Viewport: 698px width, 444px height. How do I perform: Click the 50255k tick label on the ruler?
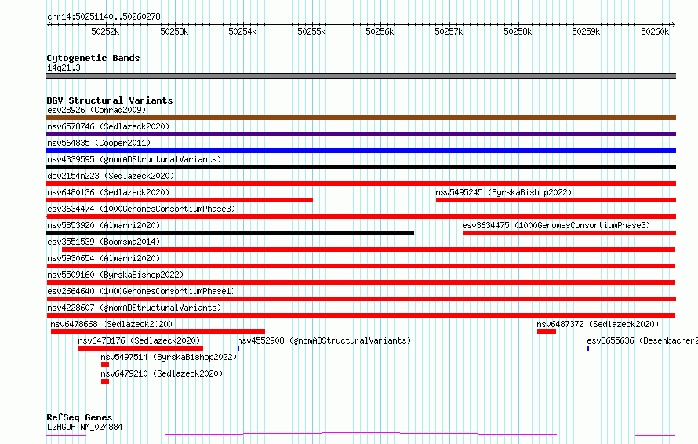pos(311,31)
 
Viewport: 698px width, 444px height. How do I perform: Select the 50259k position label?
pos(586,31)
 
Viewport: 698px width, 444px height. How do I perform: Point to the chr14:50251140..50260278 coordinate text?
pos(104,17)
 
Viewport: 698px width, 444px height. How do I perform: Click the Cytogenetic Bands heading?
pos(93,58)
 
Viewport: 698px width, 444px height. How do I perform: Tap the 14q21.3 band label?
pos(64,67)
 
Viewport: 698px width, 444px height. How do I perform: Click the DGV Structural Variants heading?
pos(110,100)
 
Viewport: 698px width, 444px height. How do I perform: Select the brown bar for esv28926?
pos(361,118)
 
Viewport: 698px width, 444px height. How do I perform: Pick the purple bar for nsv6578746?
pos(361,134)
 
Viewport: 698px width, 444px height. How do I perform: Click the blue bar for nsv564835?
pos(361,151)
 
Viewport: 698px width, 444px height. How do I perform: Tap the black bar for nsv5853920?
pos(230,233)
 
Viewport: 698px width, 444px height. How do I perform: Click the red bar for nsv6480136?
pos(180,200)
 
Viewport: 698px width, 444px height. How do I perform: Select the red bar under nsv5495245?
pos(556,200)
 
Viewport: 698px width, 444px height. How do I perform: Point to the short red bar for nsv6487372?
pos(547,332)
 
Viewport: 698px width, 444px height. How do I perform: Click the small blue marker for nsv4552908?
pos(238,348)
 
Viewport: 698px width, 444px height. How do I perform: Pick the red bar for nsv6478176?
pos(140,348)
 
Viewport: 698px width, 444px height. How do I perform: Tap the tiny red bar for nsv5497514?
pos(105,365)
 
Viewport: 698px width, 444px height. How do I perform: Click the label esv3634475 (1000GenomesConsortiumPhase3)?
pos(556,225)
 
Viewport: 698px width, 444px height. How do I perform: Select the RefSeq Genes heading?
pos(79,417)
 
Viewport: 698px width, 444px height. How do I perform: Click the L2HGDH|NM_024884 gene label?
pos(85,427)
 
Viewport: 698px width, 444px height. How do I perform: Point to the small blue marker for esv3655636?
pos(588,348)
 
